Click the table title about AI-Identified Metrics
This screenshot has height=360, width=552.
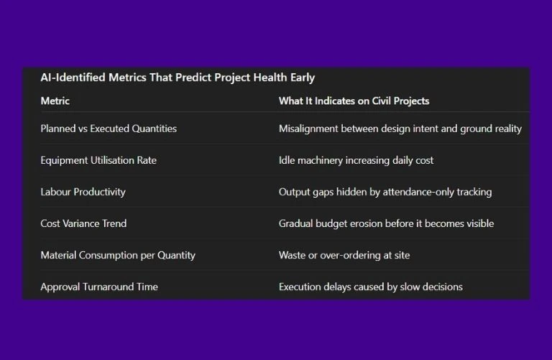pyautogui.click(x=178, y=78)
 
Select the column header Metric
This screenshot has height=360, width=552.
pyautogui.click(x=55, y=101)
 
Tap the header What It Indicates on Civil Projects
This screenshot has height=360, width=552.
pyautogui.click(x=354, y=101)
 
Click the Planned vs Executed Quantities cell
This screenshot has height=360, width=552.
pyautogui.click(x=109, y=129)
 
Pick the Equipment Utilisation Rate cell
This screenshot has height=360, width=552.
pyautogui.click(x=98, y=160)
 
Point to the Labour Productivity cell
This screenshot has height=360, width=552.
pyautogui.click(x=83, y=192)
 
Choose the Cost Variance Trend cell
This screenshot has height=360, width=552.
pyautogui.click(x=83, y=223)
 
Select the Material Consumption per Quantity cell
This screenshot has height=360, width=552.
pyautogui.click(x=118, y=255)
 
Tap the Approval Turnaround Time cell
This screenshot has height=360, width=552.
pyautogui.click(x=99, y=287)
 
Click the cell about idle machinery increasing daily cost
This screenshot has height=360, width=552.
pyautogui.click(x=356, y=160)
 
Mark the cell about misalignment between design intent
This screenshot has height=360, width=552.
pyautogui.click(x=400, y=129)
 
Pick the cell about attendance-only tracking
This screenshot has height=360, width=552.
pyautogui.click(x=385, y=192)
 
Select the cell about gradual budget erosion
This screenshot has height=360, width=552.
pyautogui.click(x=386, y=223)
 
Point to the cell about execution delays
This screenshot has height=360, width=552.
pyautogui.click(x=370, y=287)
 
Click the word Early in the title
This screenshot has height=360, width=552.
pyautogui.click(x=301, y=78)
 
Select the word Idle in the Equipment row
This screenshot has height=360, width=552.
pyautogui.click(x=287, y=160)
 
